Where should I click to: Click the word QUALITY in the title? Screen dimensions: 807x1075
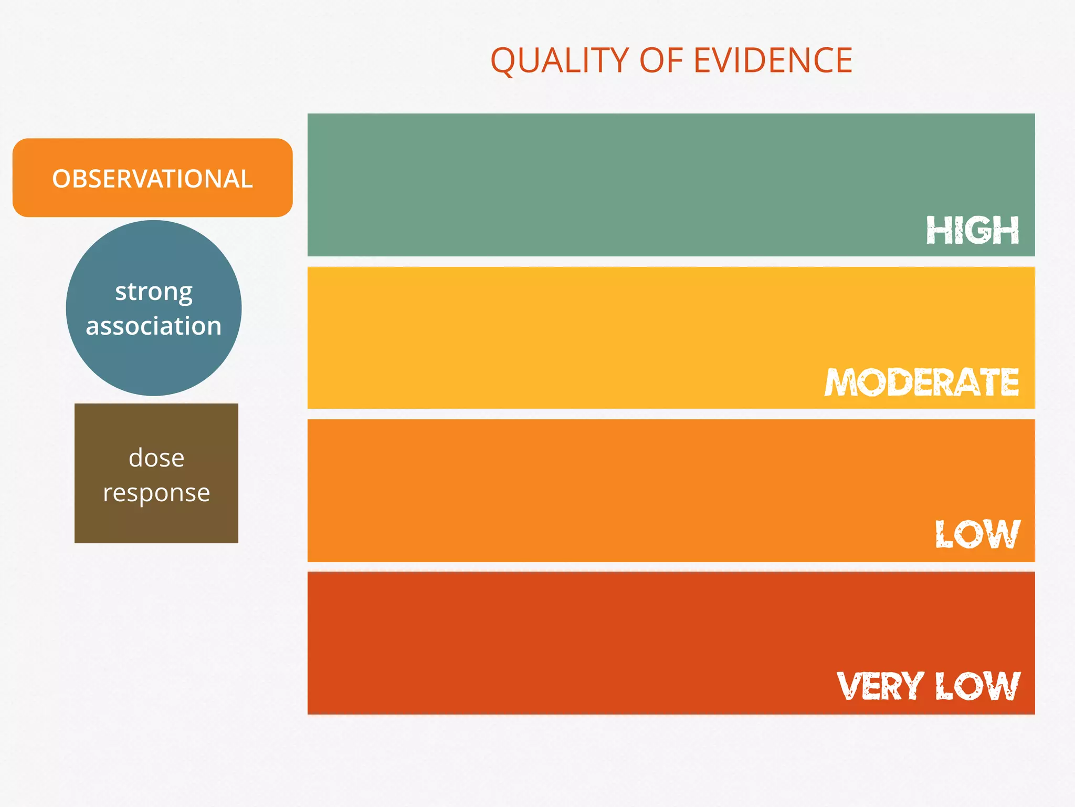point(558,61)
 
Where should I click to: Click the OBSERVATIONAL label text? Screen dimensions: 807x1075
point(152,179)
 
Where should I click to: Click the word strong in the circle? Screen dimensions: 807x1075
point(154,292)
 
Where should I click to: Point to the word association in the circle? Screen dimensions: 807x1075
point(154,326)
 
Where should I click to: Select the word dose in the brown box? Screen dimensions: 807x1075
point(156,458)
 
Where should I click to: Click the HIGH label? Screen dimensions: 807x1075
point(972,230)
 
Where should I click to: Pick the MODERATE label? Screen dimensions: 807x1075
point(922,382)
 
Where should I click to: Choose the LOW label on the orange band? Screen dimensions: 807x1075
point(977,534)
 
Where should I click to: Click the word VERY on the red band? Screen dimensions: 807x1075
point(880,686)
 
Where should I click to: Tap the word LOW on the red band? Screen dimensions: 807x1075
point(977,686)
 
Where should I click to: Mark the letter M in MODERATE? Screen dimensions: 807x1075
point(841,382)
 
